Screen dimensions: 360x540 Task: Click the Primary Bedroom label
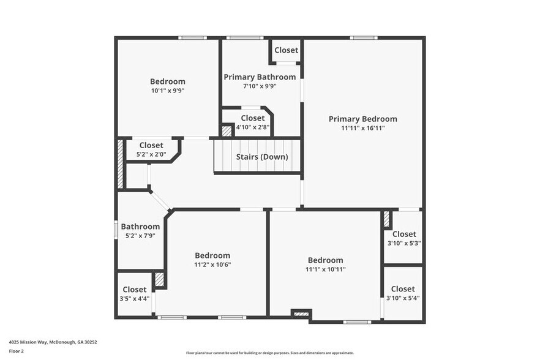[362, 119]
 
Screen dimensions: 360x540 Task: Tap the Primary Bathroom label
[260, 77]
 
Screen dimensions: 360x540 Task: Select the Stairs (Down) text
[262, 157]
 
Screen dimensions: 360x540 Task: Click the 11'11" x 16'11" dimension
[362, 129]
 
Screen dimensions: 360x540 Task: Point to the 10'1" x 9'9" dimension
[168, 91]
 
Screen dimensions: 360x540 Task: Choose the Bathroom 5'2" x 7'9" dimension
[140, 236]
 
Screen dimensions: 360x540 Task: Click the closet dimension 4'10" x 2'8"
[252, 127]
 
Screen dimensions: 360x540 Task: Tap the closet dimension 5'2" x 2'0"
[151, 154]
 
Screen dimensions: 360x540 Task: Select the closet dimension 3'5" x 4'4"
[134, 299]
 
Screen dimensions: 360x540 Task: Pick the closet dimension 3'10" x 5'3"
[403, 243]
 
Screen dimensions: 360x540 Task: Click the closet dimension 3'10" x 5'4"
[403, 298]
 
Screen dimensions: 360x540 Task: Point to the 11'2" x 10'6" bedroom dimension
[212, 265]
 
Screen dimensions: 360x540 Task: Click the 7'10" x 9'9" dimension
[260, 86]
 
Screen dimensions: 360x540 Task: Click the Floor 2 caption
[17, 351]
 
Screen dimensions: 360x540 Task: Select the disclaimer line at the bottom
[269, 353]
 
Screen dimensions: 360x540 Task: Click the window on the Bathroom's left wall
[116, 228]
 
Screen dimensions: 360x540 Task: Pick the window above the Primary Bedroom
[364, 38]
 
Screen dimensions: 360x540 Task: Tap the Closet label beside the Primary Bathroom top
[286, 50]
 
